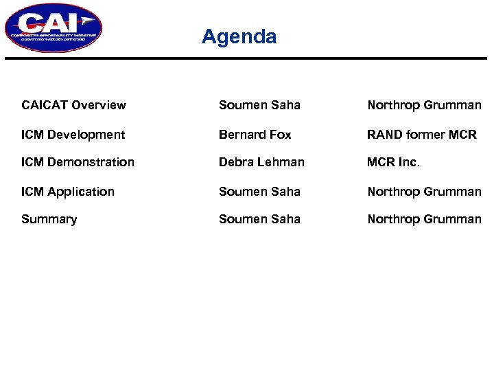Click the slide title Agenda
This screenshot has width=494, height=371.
coord(239,36)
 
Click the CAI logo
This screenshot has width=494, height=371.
coord(53,27)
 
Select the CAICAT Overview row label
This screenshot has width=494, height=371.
coord(73,105)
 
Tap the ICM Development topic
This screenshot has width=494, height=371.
coord(73,135)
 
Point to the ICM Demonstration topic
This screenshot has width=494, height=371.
coord(78,162)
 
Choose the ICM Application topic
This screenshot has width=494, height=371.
coord(68,192)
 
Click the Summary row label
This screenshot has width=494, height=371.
coord(49,219)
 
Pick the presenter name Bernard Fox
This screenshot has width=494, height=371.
coord(255,135)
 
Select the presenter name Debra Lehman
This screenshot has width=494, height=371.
coord(261,162)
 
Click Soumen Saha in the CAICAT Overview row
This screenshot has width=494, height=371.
coord(259,105)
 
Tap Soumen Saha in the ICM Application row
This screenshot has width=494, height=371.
coord(259,192)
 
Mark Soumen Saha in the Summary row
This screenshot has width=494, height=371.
coord(259,219)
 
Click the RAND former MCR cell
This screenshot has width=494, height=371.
coord(421,135)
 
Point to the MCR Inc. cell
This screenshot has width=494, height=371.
coord(393,162)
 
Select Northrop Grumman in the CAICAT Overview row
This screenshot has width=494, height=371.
coord(424,105)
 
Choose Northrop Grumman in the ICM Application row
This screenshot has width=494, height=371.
coord(424,192)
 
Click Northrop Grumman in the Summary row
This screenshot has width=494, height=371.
coord(424,219)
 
